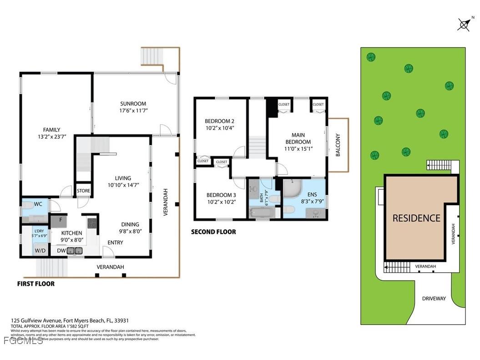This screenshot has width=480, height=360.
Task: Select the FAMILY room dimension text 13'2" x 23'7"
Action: click(x=51, y=137)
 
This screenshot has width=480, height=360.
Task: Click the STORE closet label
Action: click(x=83, y=191)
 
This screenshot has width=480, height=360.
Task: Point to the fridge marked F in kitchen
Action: click(x=59, y=221)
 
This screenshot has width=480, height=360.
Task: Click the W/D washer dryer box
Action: click(x=40, y=250)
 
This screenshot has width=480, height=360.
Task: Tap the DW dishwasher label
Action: click(x=61, y=250)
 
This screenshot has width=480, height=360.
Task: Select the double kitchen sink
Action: click(x=75, y=250)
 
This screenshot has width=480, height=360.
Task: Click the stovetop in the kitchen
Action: click(x=92, y=223)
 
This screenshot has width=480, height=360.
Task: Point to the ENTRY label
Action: click(x=115, y=243)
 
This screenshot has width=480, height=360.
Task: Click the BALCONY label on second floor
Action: click(x=338, y=145)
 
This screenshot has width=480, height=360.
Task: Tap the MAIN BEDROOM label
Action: click(x=298, y=138)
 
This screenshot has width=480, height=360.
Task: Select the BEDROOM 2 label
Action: click(x=219, y=121)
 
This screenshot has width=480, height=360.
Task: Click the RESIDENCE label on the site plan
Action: click(x=416, y=218)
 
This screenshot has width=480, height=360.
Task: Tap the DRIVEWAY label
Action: click(x=434, y=299)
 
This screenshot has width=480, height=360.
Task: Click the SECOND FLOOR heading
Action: click(x=213, y=232)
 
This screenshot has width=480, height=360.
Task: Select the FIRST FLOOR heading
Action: click(x=35, y=284)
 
